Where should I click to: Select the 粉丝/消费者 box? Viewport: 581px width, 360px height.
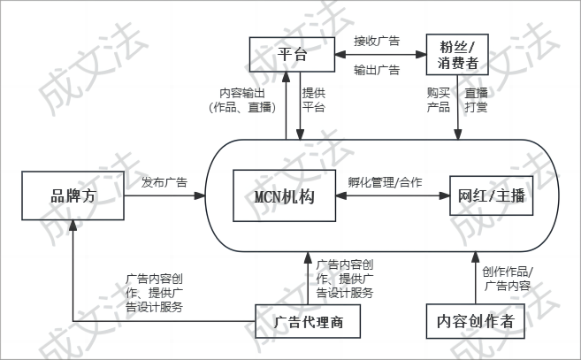click(458, 55)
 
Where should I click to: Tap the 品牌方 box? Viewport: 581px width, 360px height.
click(72, 196)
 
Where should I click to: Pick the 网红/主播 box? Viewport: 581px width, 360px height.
click(492, 197)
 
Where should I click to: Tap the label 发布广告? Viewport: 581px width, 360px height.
click(164, 183)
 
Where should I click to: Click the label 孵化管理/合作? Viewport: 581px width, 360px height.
click(386, 183)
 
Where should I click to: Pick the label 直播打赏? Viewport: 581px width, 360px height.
click(477, 100)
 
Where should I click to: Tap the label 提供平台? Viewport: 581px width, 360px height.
click(314, 100)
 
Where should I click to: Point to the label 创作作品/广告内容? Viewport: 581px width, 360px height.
click(508, 278)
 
